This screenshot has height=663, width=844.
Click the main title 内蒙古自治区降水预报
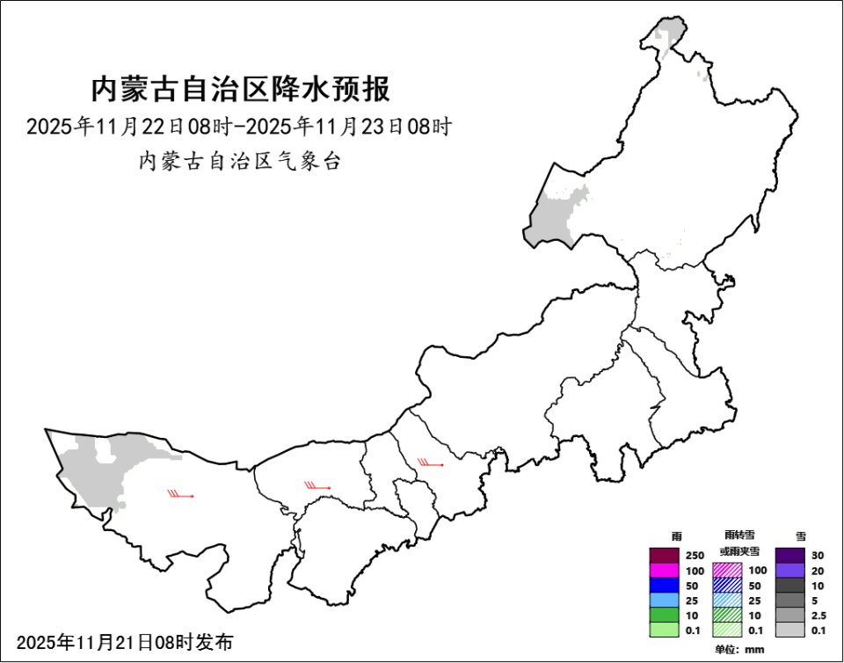coord(240,89)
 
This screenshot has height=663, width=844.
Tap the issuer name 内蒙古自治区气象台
coord(239,161)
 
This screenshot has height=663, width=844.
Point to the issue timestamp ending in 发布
coord(125,642)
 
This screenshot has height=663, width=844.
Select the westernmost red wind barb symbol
coord(180,494)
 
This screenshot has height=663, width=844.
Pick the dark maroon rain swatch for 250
coord(665,555)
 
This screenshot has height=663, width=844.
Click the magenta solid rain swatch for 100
coord(665,570)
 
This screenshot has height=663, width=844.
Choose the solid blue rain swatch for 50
coord(665,585)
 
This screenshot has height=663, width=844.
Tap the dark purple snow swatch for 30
coord(790,555)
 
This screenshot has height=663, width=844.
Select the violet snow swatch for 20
coord(790,570)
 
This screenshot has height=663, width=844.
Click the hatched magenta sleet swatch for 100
coord(727,570)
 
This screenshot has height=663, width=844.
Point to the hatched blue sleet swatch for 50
coord(727,585)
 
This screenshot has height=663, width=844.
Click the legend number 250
coord(695,555)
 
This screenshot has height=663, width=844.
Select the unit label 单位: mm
coord(739,650)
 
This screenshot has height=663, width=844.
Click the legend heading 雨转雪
coord(739,535)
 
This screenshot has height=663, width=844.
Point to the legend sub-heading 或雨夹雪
coord(739,550)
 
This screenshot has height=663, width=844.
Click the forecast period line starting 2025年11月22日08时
coord(239,127)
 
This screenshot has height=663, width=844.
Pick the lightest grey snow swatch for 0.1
coord(790,630)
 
